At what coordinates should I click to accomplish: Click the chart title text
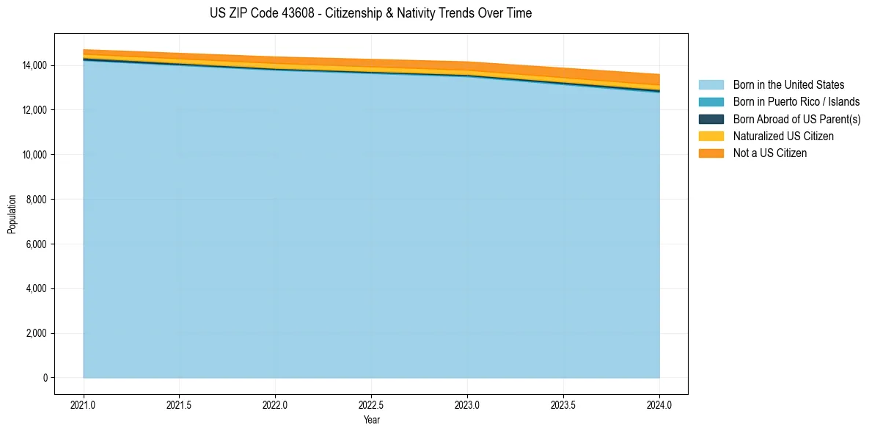(370, 13)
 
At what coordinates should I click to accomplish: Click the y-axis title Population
(12, 214)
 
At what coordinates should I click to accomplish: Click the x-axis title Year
(371, 421)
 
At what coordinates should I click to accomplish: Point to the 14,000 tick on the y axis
(34, 65)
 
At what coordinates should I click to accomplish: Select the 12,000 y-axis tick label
(34, 110)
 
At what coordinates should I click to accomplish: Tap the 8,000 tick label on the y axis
(37, 200)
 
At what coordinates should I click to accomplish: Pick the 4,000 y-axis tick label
(37, 288)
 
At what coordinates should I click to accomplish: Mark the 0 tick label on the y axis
(45, 378)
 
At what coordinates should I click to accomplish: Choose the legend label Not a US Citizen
(769, 153)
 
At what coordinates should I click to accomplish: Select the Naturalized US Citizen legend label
(783, 137)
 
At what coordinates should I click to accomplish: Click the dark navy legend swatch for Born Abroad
(711, 120)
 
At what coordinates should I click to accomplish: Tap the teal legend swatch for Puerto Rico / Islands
(711, 102)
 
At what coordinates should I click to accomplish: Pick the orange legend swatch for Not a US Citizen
(711, 153)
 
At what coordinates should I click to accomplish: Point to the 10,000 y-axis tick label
(34, 155)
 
